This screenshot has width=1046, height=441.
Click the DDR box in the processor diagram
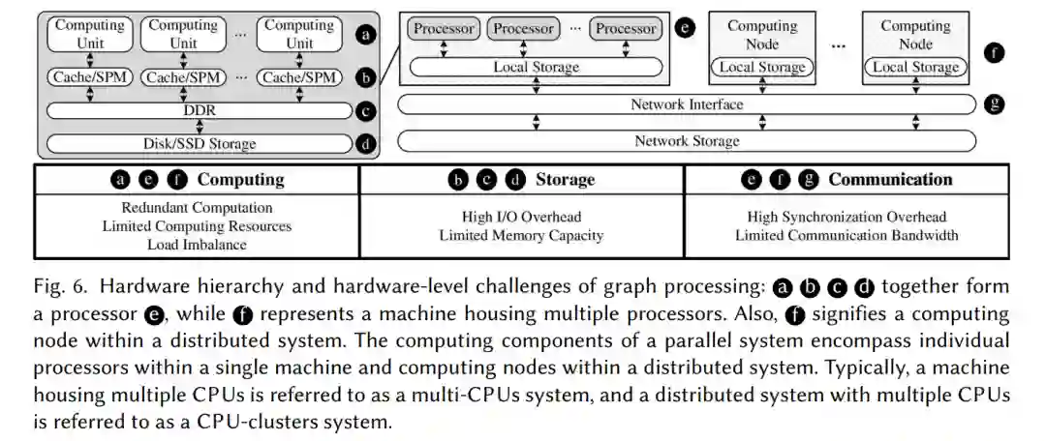[199, 110]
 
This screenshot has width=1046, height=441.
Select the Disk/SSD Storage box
[199, 144]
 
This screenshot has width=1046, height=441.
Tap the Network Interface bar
[687, 104]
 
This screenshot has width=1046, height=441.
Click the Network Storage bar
[687, 141]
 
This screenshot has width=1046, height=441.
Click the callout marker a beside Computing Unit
[366, 36]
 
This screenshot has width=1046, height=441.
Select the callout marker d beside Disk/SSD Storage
[366, 145]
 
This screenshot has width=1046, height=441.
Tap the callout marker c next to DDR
[366, 111]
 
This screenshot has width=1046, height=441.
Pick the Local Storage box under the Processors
[536, 68]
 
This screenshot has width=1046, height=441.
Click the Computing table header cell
[198, 179]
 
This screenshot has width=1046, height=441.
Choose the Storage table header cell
[522, 179]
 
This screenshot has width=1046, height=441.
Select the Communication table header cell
[846, 179]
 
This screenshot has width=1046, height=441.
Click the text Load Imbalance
[198, 245]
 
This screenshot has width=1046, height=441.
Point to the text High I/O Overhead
[521, 217]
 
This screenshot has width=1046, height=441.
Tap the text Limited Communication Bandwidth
[846, 235]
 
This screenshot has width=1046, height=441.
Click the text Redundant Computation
[198, 208]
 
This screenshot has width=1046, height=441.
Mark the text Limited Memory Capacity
[521, 235]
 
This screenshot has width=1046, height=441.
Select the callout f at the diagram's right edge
[994, 52]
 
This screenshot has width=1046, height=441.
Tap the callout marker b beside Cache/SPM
[366, 76]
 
